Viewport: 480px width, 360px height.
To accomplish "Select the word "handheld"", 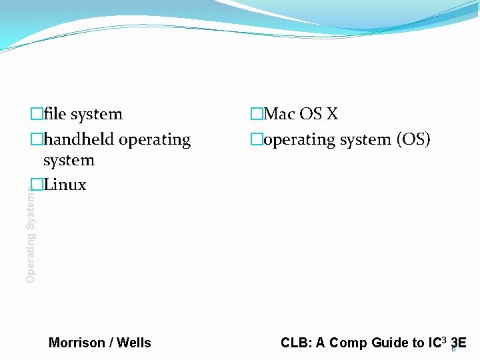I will pos(79,139).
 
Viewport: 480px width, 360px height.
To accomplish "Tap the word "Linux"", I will pos(65,185).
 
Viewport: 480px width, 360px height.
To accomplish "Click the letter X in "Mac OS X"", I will pos(332,114).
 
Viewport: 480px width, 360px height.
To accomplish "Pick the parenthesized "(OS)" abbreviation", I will pos(413,139).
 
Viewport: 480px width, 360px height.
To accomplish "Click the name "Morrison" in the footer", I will pos(77,343).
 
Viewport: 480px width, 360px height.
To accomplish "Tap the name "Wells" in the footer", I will pos(134,343).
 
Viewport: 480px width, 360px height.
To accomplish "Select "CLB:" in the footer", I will pos(296,343).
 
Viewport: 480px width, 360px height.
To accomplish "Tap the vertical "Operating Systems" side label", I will pos(31,233).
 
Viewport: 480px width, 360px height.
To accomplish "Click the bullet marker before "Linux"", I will pos(36,185).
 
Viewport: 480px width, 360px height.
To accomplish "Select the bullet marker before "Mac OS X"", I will pos(257,114).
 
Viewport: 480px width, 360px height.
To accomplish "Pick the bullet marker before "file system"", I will pos(36,114).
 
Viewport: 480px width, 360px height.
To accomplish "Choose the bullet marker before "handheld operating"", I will pos(36,139).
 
